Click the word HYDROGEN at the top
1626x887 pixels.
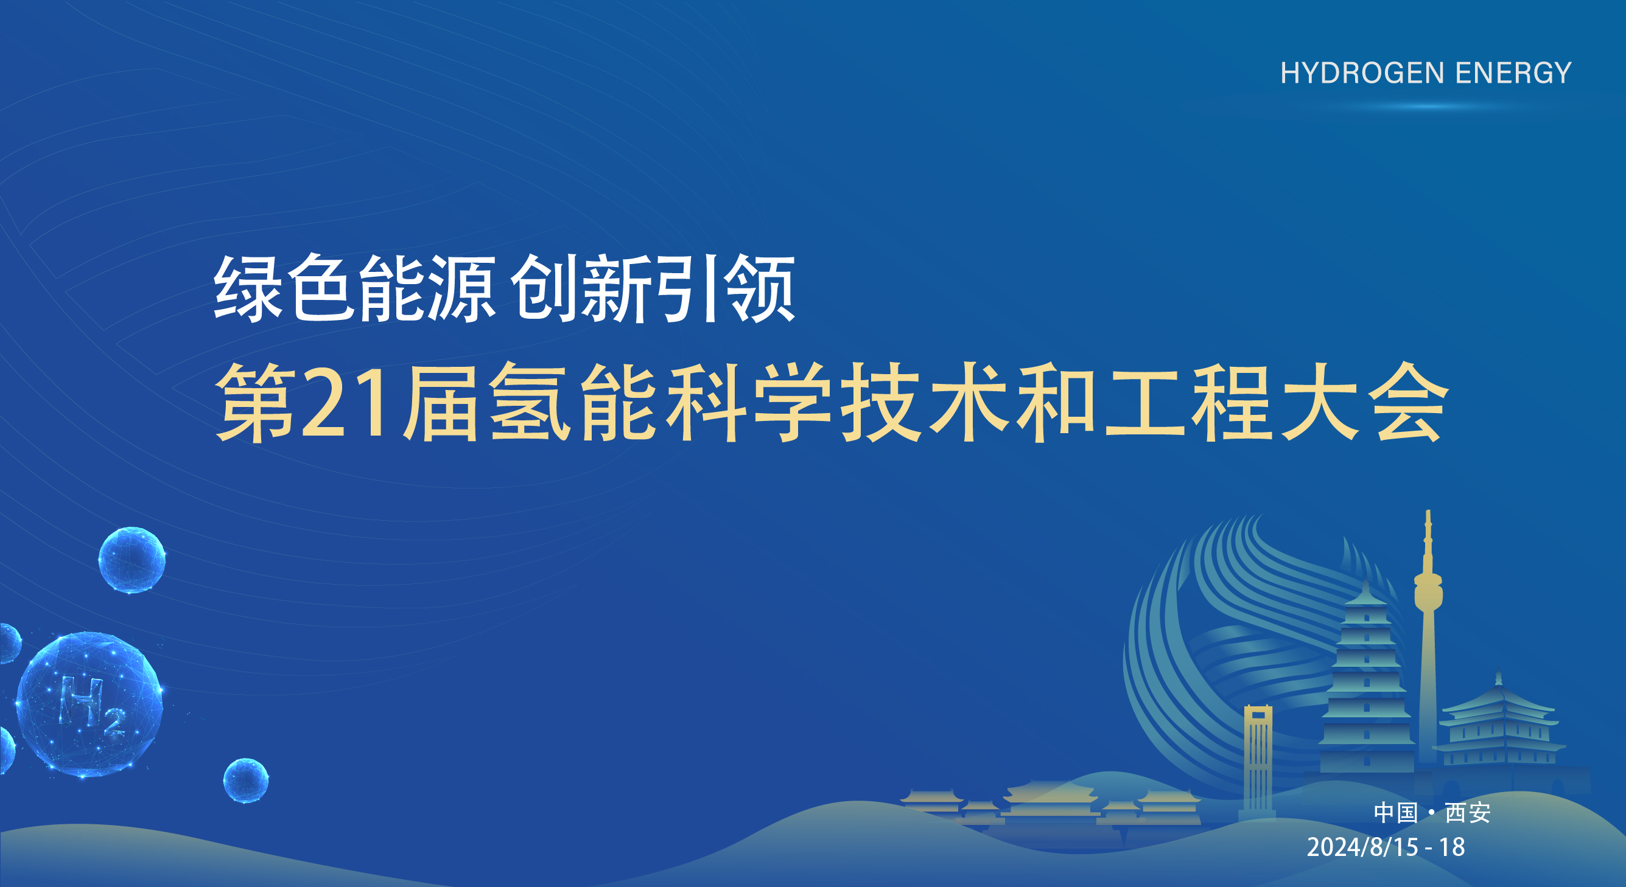tap(1362, 73)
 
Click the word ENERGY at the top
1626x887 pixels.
tap(1513, 73)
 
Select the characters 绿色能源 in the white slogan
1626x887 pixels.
tap(354, 288)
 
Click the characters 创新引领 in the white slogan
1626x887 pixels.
tap(653, 288)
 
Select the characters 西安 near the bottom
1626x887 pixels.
tap(1468, 813)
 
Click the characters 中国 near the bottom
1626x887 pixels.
tap(1396, 813)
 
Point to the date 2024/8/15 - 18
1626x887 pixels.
tap(1386, 847)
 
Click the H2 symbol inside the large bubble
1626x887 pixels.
tap(91, 704)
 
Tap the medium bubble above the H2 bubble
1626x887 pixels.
tap(132, 560)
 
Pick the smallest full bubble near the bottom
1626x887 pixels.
tap(245, 781)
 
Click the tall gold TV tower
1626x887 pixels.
tap(1428, 631)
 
